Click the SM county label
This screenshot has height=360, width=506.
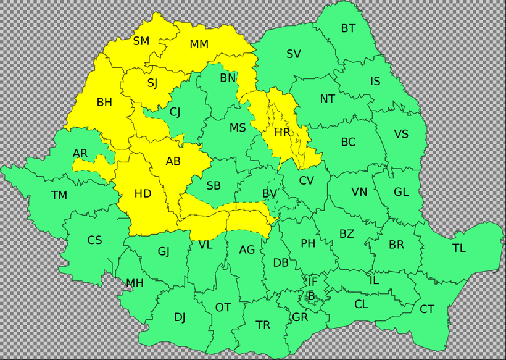pos(141,41)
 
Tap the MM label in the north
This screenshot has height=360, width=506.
pos(199,44)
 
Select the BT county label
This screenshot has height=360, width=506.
pos(348,28)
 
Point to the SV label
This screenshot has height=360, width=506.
pos(294,54)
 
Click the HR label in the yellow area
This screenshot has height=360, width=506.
pos(283,132)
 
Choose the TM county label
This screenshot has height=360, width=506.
pos(59,196)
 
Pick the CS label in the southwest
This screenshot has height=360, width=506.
pos(94,240)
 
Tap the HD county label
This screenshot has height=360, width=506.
pos(143,194)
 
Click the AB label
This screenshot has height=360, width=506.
pos(173,162)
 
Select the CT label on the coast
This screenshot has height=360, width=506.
pos(427,309)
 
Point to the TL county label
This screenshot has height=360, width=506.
pos(459,248)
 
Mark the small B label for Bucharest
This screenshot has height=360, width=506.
pos(311,297)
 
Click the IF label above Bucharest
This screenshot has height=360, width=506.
pos(313,282)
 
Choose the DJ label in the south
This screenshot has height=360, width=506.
pos(180,317)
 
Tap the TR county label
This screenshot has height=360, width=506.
pos(263,325)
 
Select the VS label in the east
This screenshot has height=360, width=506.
pos(401,135)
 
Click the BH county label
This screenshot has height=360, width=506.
pos(104,103)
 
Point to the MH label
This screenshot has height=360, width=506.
pos(135,284)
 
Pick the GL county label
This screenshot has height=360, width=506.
pos(401,192)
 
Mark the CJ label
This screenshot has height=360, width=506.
pos(175,112)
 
